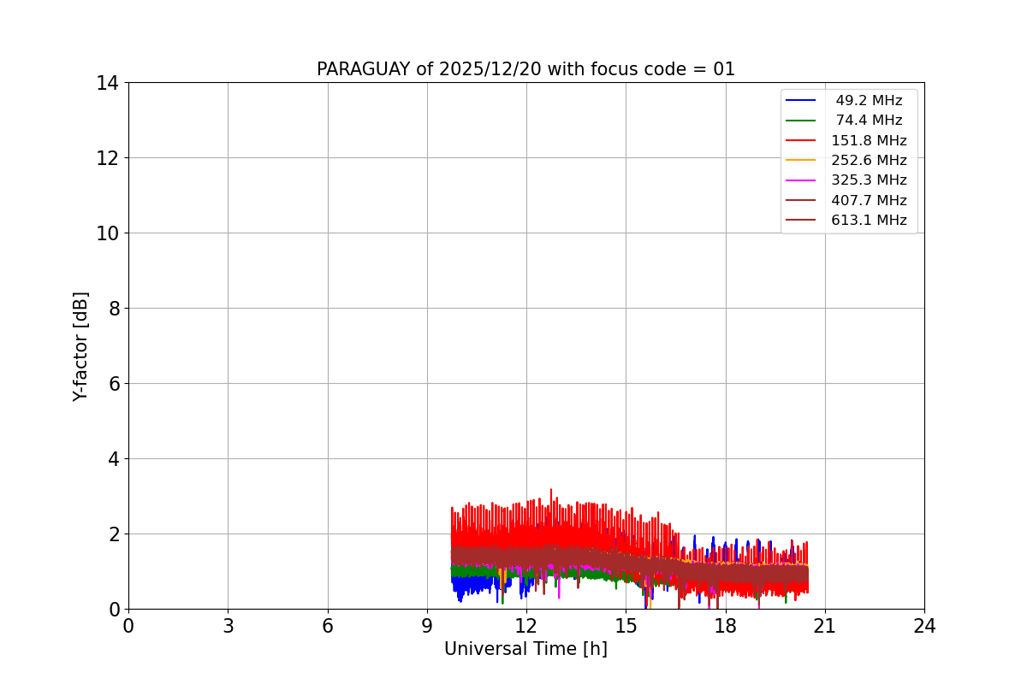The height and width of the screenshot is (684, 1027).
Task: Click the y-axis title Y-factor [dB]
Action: point(80,346)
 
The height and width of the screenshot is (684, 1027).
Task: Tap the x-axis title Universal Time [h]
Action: point(525,649)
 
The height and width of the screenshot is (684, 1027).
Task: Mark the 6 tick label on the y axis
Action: point(112,384)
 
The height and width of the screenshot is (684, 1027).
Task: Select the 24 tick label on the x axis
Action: point(924,626)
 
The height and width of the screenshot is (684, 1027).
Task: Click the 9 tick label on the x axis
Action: point(427,626)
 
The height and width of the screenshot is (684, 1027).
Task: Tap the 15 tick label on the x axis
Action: point(626,626)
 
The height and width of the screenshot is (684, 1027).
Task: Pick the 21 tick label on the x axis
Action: point(824,626)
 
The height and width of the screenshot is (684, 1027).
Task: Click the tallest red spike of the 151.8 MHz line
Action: point(550,491)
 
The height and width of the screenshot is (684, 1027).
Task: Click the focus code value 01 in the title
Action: point(724,69)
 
